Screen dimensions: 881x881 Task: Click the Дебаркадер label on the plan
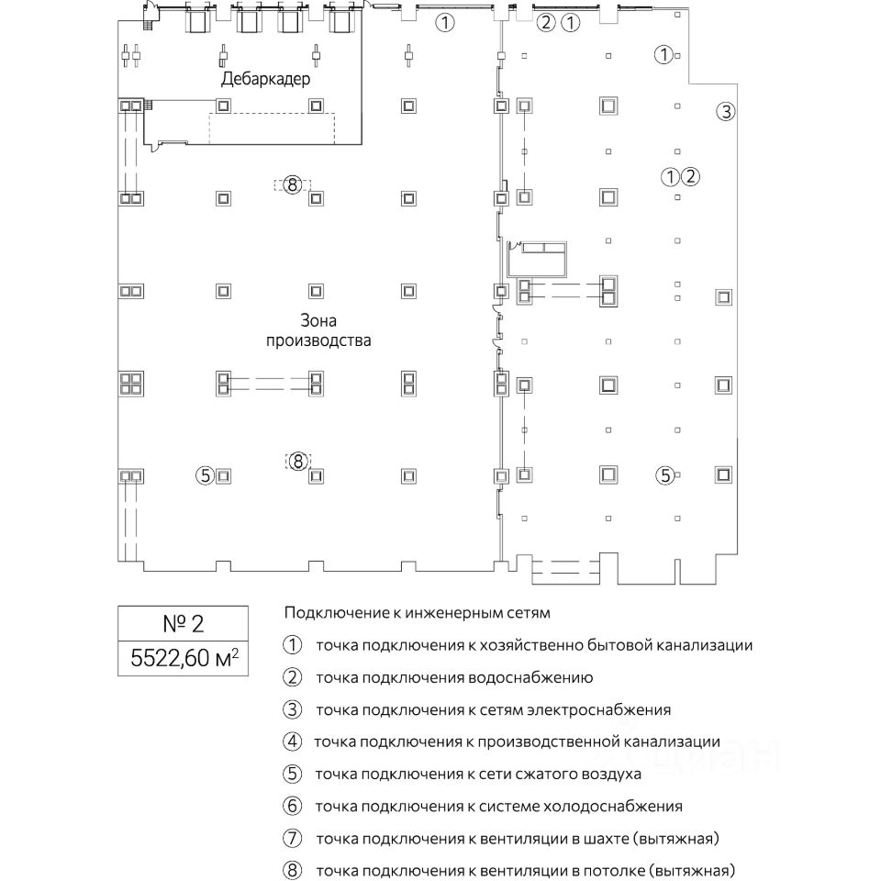[266, 80]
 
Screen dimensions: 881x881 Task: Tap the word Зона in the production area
[318, 321]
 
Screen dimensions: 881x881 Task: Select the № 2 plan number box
[183, 624]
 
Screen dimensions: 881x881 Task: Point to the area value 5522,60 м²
[183, 657]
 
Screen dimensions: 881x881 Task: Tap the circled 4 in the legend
[293, 742]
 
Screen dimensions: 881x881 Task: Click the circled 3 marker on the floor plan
[725, 113]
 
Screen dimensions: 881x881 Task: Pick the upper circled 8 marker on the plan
[292, 184]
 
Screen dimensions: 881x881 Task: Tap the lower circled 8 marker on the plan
[297, 462]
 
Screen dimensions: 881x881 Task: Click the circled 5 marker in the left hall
[205, 474]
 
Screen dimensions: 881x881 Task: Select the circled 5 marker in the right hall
[664, 474]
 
